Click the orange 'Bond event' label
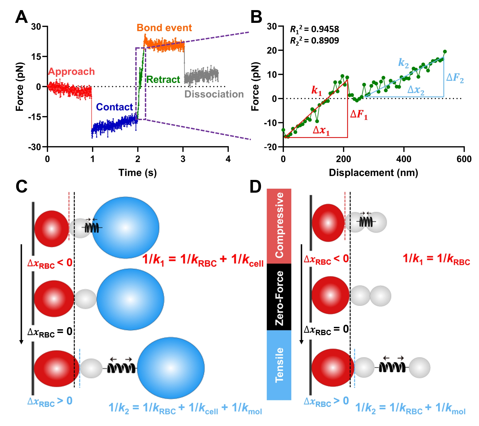[x=164, y=28]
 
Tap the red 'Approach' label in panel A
[x=71, y=71]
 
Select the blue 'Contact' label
[x=114, y=107]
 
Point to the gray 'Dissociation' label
[x=214, y=94]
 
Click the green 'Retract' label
[x=163, y=79]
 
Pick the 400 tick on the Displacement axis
[x=404, y=159]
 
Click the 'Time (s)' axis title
[x=137, y=173]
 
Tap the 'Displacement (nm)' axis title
[x=373, y=173]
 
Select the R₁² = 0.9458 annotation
[x=314, y=29]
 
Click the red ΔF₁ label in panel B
[x=359, y=115]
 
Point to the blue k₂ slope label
[x=403, y=63]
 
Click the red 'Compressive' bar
[x=279, y=226]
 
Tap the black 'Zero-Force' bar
[x=279, y=297]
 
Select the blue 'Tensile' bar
[x=279, y=365]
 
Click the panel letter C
[x=22, y=187]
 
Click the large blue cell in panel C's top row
[x=125, y=228]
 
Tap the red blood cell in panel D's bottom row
[x=333, y=368]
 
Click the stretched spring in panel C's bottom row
[x=121, y=368]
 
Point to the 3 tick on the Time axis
[x=183, y=159]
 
